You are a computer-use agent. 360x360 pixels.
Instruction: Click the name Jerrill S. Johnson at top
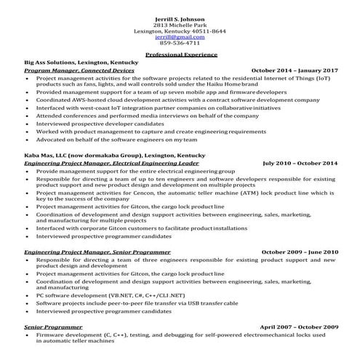(x=180, y=18)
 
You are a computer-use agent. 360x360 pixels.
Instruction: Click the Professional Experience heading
(x=180, y=55)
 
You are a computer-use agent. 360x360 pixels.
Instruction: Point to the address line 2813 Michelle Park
(x=180, y=25)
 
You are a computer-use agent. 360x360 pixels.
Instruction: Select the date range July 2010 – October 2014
(x=300, y=164)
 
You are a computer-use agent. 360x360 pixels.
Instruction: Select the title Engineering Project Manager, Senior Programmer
(x=86, y=252)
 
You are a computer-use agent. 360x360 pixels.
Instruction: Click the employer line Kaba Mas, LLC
(x=114, y=156)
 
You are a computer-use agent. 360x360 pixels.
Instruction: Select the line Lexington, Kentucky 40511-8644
(x=180, y=31)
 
